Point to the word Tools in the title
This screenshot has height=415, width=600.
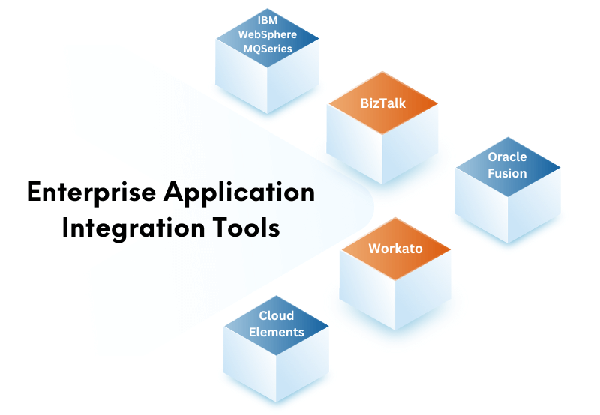246,227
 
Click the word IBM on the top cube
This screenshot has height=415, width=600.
267,21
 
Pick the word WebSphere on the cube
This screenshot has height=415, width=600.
267,34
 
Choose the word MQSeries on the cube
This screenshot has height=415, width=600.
267,49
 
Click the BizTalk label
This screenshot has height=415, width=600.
382,103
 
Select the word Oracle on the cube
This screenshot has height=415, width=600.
507,157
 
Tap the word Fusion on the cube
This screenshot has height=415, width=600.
507,173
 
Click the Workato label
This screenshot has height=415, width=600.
395,248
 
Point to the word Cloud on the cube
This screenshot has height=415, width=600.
276,316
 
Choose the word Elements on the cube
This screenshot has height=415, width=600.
276,332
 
